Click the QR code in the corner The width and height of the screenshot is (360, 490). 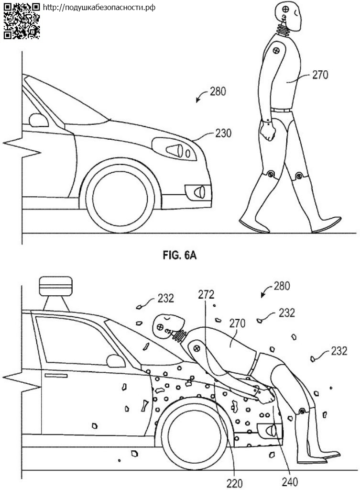point(22,21)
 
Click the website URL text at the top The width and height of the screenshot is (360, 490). point(99,8)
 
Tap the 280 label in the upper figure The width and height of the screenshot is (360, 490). point(217,90)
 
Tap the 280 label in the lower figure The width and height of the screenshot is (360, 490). point(282,288)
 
